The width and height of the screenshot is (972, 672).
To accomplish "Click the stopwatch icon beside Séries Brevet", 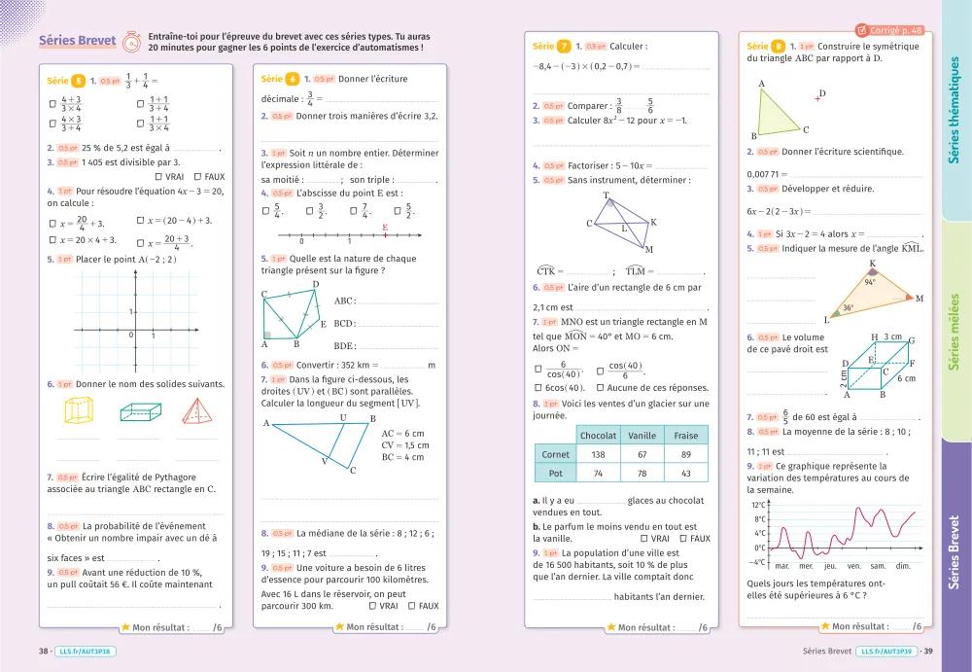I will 130,42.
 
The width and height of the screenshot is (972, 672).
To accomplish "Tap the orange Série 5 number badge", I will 79,81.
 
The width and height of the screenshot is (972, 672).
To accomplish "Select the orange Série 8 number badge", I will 779,47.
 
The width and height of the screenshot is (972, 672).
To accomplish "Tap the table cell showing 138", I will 598,454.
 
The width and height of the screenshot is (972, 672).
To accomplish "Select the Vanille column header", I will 642,436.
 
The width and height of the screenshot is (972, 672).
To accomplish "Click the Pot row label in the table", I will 555,474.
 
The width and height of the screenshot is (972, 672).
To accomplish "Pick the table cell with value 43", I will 686,474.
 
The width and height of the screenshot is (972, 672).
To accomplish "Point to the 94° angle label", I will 870,283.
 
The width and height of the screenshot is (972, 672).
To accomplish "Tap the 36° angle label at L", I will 848,308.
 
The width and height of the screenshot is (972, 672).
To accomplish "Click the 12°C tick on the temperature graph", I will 759,506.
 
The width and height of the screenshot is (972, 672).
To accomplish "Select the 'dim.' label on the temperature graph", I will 902,566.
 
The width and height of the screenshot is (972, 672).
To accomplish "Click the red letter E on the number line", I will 386,228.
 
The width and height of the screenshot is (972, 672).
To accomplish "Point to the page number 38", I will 43,652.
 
